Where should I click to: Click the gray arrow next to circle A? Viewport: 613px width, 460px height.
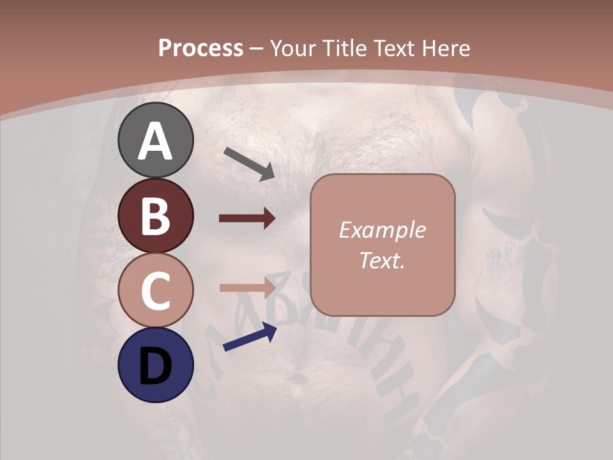point(249,164)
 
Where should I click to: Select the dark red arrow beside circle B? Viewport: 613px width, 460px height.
point(247,218)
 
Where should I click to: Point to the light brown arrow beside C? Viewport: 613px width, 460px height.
point(247,287)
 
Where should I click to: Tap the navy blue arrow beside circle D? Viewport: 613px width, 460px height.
point(250,337)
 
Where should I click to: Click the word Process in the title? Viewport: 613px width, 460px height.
point(201,48)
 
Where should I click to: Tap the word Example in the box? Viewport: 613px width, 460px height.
point(382,230)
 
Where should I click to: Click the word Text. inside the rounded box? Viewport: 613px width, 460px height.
point(382,260)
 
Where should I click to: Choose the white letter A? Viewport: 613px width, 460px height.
point(156,141)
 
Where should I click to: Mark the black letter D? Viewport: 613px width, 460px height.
point(155,366)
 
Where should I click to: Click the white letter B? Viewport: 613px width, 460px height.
point(155,216)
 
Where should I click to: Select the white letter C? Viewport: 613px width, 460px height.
point(155,291)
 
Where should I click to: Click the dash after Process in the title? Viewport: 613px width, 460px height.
point(257,49)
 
